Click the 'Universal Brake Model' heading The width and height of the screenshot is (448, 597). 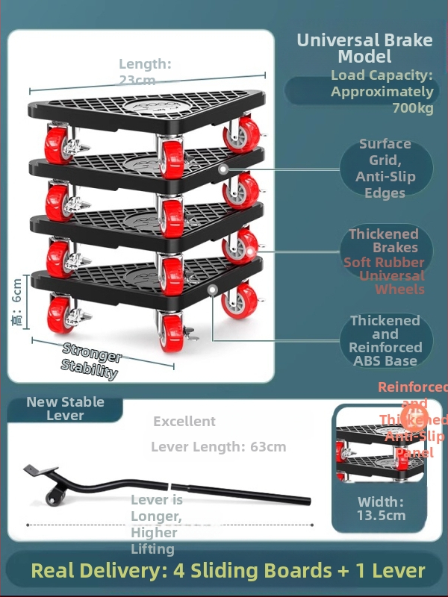tap(364, 49)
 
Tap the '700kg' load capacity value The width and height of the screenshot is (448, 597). tap(412, 108)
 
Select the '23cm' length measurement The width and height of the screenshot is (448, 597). tap(138, 80)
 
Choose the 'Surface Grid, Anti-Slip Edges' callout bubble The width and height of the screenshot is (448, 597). tap(385, 169)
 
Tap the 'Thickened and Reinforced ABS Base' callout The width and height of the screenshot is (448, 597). tap(385, 341)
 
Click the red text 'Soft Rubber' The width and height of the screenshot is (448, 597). tap(384, 262)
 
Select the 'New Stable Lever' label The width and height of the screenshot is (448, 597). tap(65, 408)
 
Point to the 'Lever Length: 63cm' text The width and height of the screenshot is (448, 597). tap(218, 447)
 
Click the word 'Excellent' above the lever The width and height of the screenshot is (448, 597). tap(184, 422)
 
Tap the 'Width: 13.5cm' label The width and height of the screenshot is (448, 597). tap(381, 508)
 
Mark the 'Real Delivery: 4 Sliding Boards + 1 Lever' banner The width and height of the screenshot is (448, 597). tap(228, 572)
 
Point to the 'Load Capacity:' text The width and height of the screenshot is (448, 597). tap(382, 75)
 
